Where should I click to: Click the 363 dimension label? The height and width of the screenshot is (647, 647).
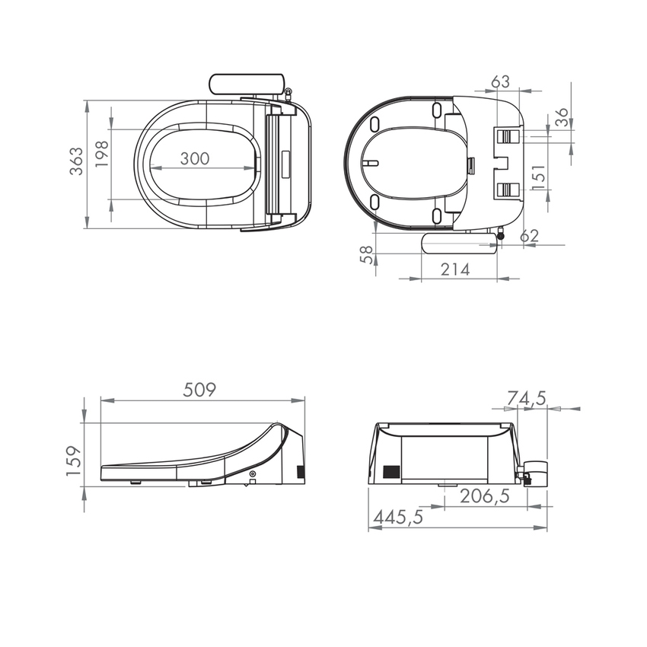76,162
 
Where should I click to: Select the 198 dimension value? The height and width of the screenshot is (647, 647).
102,154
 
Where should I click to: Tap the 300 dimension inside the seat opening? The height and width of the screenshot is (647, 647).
195,158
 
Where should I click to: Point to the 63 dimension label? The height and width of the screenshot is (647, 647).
500,81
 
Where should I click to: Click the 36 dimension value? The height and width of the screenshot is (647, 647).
561,117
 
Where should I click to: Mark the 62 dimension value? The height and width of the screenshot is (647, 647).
528,236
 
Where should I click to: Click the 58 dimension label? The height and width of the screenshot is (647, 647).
366,254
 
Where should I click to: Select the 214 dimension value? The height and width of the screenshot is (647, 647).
455,269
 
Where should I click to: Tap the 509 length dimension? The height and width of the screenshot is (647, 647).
200,390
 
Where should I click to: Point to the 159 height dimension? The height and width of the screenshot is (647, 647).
73,461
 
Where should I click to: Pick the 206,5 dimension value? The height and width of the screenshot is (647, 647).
484,496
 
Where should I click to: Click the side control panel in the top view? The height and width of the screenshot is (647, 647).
247,84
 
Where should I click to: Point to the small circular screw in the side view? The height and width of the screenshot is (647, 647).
253,474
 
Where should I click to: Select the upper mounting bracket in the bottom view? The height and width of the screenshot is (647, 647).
508,135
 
